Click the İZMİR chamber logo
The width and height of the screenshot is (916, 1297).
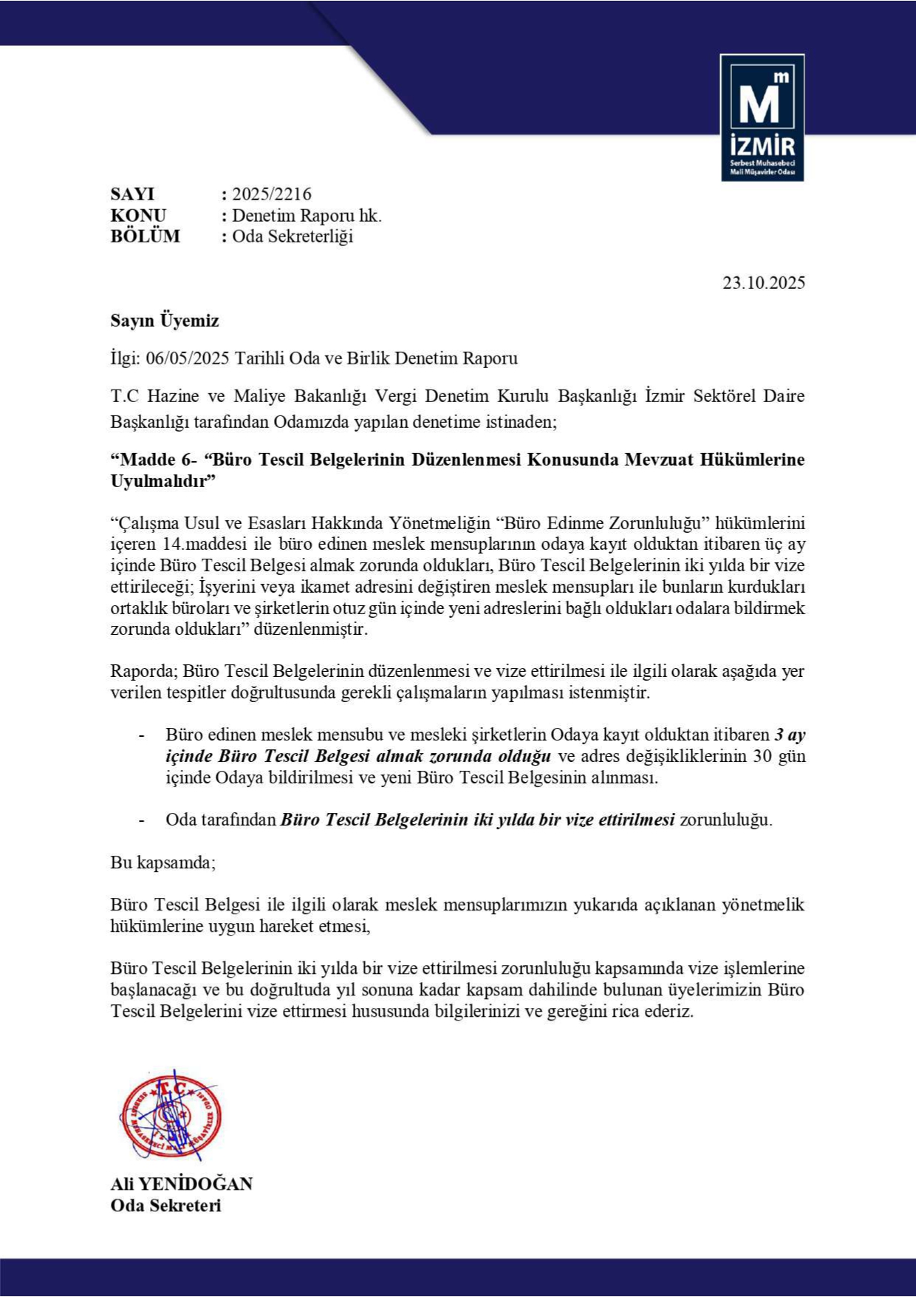tap(762, 118)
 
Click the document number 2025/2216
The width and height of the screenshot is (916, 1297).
tap(272, 194)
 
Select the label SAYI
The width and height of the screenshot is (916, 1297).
tap(132, 194)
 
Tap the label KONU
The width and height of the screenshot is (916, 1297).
tap(138, 216)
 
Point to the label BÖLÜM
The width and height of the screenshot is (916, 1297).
tap(145, 236)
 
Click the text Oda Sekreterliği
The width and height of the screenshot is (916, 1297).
tap(293, 236)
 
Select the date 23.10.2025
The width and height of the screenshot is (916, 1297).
tap(764, 283)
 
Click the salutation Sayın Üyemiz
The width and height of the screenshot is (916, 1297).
tap(165, 321)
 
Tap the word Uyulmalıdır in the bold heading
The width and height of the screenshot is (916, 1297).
tap(160, 481)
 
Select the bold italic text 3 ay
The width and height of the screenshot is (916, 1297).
tap(790, 735)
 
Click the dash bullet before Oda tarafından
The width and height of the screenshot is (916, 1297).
tap(141, 820)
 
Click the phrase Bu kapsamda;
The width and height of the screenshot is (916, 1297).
tap(163, 862)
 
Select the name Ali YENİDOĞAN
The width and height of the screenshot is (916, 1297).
tap(182, 1184)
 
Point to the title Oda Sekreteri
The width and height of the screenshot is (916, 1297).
tap(165, 1205)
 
